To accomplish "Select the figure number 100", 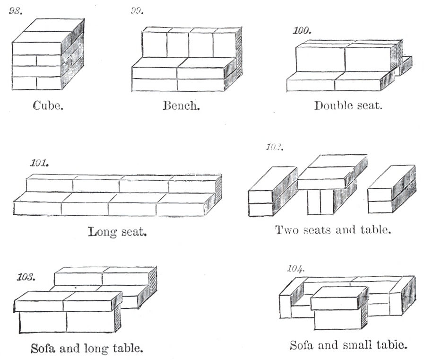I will [302, 31].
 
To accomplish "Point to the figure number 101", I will [38, 164].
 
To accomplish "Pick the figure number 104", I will [296, 269].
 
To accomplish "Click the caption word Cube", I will [48, 105].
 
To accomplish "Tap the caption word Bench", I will [181, 105].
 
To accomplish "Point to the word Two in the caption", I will [285, 230].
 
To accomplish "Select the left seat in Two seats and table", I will [271, 192].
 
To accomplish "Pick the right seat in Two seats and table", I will [391, 189].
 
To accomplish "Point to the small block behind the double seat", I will [405, 65].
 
